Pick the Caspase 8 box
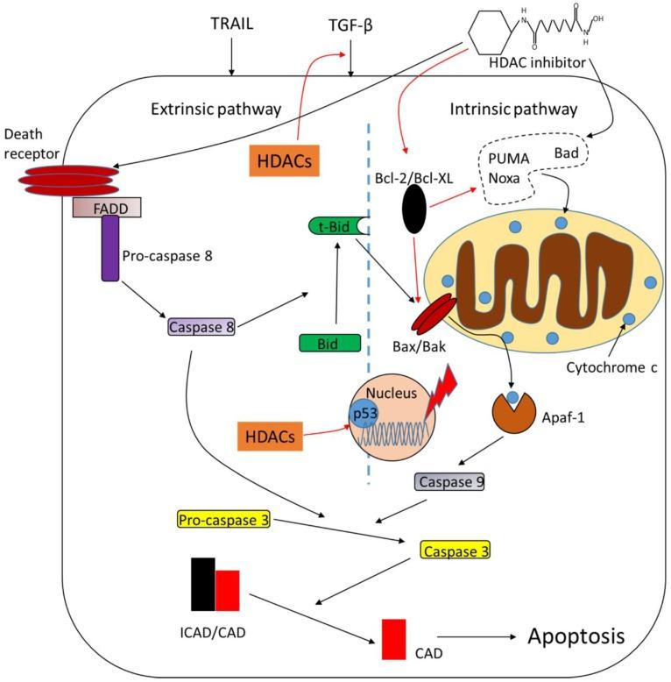(201, 327)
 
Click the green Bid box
(330, 343)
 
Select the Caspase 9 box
(449, 481)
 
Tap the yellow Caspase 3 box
(456, 551)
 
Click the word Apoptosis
(576, 636)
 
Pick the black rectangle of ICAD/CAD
(202, 583)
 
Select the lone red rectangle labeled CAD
(393, 639)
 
